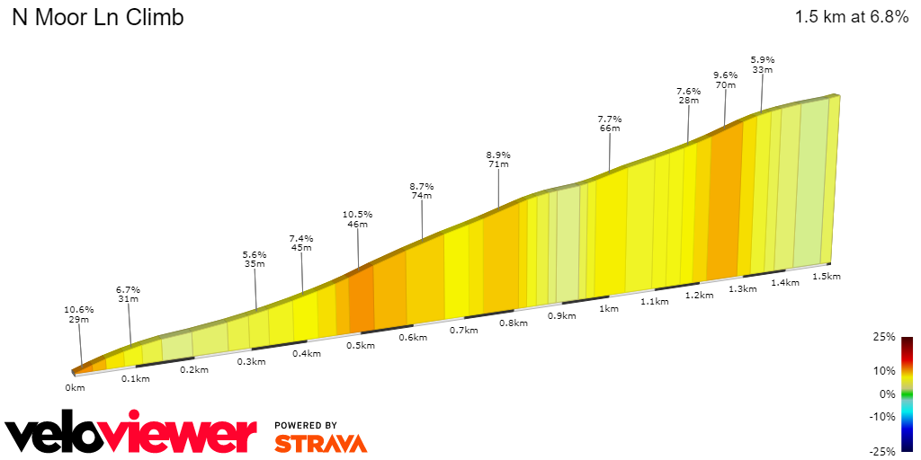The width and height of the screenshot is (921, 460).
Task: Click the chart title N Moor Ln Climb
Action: [97, 18]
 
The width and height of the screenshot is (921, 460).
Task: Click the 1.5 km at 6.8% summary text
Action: [851, 17]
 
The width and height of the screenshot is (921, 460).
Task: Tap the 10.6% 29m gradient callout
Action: [77, 314]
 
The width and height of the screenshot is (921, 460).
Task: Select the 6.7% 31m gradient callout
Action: [129, 295]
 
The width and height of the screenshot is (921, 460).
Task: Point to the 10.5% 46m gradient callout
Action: [357, 219]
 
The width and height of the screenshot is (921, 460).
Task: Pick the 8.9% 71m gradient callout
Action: [497, 159]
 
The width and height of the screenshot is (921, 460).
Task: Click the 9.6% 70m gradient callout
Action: [725, 80]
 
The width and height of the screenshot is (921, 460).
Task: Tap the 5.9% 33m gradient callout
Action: [763, 65]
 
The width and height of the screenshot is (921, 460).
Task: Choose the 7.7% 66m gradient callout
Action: [609, 124]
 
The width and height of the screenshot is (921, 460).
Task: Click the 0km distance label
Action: [75, 387]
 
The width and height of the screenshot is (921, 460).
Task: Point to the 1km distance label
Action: [608, 309]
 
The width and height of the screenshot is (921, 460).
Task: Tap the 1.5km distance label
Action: [826, 276]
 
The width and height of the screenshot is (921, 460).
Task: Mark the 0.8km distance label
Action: [513, 323]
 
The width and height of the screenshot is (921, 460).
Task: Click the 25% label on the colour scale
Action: [884, 337]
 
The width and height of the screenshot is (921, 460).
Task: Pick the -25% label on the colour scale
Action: [882, 450]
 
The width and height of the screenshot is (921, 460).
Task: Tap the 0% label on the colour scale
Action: [887, 394]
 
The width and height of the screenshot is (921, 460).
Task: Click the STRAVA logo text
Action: [320, 443]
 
